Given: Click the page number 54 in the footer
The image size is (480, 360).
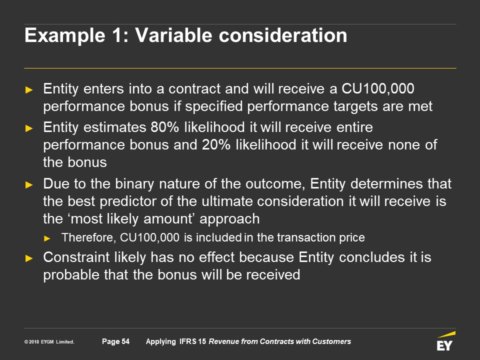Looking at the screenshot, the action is click(x=125, y=341).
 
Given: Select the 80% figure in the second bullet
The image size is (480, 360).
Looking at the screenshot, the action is click(x=164, y=127).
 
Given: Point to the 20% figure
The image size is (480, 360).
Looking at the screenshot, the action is click(x=216, y=145).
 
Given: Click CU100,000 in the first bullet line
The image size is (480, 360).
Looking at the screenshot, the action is click(x=378, y=89).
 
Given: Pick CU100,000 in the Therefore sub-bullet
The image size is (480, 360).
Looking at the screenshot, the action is click(x=149, y=237).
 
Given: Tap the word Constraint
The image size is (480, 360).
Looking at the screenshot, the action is click(x=76, y=257).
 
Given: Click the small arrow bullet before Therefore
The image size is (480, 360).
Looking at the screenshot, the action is click(x=47, y=238).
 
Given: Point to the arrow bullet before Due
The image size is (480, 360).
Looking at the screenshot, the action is click(x=29, y=184).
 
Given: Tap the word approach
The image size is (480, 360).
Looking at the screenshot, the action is click(x=229, y=219).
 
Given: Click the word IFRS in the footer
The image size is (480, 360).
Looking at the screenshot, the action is click(x=188, y=341).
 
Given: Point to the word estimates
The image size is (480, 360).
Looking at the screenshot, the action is click(x=114, y=127).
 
